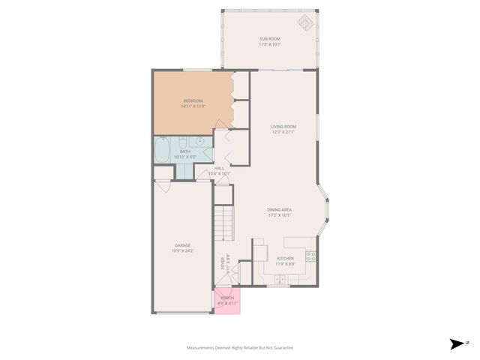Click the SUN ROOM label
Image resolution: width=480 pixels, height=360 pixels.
[x=269, y=39]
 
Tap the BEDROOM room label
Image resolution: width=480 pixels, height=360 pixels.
[x=193, y=100]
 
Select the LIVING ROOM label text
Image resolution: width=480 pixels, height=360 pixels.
[x=283, y=127]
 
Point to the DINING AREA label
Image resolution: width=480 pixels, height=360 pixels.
[x=279, y=209]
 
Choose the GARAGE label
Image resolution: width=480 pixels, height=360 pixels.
[x=183, y=244]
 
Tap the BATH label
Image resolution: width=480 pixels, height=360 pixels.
[x=184, y=151]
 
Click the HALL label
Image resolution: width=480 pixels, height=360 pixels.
[x=220, y=168]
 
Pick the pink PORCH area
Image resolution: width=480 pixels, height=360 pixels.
[x=226, y=300]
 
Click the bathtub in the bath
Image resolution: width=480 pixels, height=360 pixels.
[x=163, y=151]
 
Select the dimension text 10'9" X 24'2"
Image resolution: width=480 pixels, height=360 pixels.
[x=183, y=250]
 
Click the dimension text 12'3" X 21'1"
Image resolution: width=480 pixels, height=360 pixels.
[x=283, y=133]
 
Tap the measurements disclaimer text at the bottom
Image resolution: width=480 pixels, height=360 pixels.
[x=240, y=348]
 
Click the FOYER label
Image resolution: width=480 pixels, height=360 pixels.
[x=223, y=263]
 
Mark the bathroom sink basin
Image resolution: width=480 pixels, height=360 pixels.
[x=201, y=142]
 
